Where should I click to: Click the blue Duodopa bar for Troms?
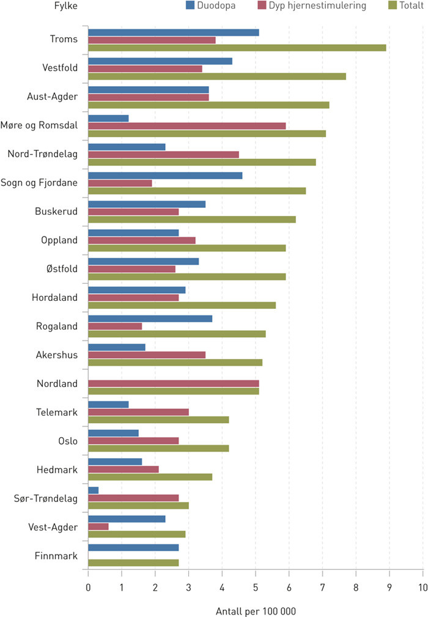tap(173, 32)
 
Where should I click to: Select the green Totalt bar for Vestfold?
tap(217, 76)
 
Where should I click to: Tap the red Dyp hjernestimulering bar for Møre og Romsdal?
tap(186, 126)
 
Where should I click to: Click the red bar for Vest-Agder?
tap(98, 526)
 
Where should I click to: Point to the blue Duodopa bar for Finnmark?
tap(133, 548)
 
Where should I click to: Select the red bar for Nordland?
tap(173, 383)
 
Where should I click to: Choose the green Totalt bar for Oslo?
tap(158, 448)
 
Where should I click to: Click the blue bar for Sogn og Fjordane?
tap(165, 175)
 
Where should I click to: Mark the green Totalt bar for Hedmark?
tap(150, 477)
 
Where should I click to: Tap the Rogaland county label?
tap(57, 326)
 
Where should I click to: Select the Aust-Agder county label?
tap(53, 97)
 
